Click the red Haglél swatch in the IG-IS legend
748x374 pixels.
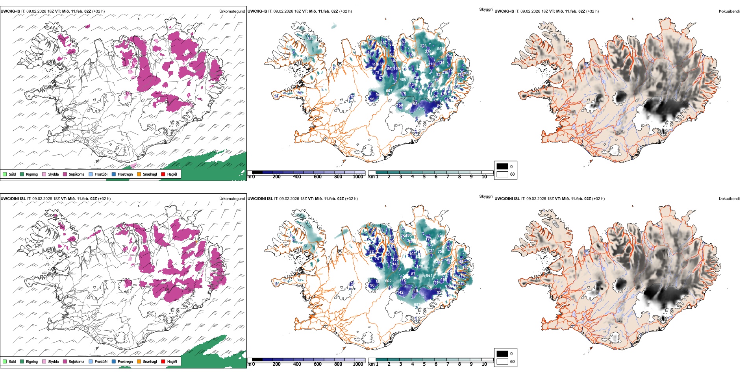[x=163, y=174]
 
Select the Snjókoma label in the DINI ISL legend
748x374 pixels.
[x=76, y=361]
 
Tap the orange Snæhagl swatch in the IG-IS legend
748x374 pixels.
[x=139, y=174]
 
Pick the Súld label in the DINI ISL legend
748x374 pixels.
[x=12, y=361]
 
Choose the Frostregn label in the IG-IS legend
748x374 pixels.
[x=125, y=174]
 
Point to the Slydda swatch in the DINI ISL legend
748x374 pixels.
[x=44, y=361]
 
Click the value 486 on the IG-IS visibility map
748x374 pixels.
[x=403, y=80]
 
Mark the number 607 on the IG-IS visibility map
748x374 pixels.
[x=389, y=91]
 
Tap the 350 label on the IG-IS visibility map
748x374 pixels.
[x=310, y=39]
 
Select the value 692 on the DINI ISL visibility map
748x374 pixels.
[x=388, y=281]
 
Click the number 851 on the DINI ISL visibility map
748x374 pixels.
[x=429, y=276]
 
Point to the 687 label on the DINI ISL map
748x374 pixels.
[x=417, y=304]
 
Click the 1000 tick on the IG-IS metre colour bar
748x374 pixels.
[x=358, y=177]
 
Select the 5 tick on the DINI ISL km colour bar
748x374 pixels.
[x=424, y=364]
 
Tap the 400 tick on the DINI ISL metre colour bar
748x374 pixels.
[x=297, y=364]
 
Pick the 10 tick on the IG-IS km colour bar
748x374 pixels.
[x=484, y=177]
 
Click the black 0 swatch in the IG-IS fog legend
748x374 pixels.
[x=502, y=167]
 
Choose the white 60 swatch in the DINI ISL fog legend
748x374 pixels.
[x=502, y=361]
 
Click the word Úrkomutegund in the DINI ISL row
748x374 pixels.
[x=232, y=198]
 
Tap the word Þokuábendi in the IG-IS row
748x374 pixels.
[x=729, y=11]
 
